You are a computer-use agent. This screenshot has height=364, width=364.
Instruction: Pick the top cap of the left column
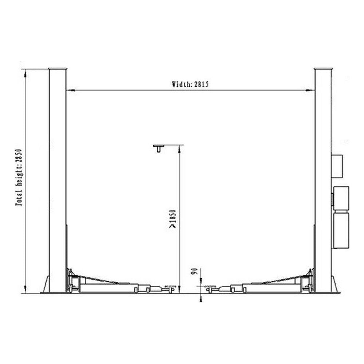(x=58, y=69)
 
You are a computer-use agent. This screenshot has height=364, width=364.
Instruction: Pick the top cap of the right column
(x=323, y=69)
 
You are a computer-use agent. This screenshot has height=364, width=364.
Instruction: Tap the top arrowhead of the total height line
(x=25, y=72)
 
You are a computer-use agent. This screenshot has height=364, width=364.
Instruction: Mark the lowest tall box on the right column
(x=341, y=230)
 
